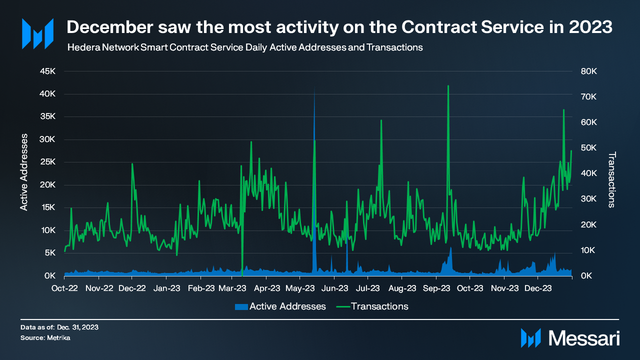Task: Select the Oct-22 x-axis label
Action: click(64, 288)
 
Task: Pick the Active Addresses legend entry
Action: click(280, 306)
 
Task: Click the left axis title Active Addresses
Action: click(23, 172)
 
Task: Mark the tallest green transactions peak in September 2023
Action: click(448, 86)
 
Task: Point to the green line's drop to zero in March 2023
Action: click(242, 274)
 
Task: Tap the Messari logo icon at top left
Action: click(37, 33)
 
